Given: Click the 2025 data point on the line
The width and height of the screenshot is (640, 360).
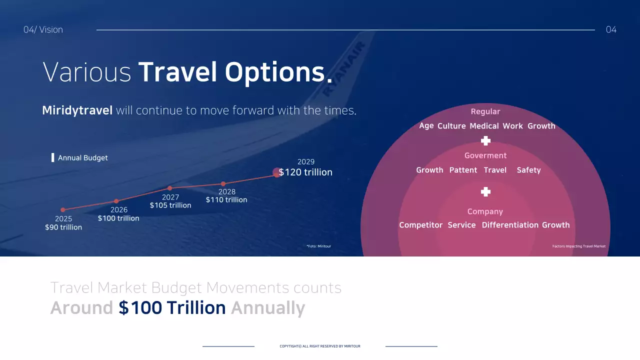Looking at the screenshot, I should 63,210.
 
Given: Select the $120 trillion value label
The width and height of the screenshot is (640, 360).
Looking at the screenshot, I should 305,172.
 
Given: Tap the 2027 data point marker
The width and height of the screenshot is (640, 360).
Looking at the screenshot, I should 170,188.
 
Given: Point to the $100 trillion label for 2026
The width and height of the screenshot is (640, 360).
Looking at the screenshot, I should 118,218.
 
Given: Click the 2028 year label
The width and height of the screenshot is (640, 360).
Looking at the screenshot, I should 227,191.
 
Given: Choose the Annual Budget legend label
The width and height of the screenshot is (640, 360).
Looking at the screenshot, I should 82,158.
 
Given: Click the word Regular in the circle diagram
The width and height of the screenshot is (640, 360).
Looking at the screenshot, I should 485,111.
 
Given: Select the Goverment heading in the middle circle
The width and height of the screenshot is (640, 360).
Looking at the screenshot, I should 485,155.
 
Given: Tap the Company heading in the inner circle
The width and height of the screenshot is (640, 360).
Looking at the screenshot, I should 485,211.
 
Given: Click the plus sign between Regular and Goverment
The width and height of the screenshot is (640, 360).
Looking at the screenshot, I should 485,141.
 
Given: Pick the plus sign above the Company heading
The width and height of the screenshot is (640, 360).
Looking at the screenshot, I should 485,192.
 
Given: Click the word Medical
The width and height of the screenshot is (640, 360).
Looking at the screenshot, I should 484,126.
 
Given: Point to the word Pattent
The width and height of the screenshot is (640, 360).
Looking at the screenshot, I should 463,170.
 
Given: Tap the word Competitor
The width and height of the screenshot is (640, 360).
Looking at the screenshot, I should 420,225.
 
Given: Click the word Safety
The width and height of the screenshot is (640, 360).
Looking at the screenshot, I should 528,170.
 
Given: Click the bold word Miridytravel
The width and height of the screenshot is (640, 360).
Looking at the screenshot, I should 77,110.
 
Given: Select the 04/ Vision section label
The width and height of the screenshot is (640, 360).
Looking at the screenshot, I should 43,29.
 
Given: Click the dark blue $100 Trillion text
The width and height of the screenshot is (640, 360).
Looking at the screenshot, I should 172,308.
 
